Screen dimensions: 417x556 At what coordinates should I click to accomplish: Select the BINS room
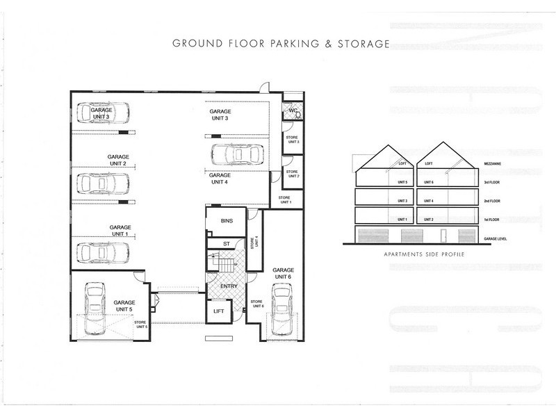coord(227,220)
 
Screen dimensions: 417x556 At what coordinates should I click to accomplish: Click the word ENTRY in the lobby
coord(229,286)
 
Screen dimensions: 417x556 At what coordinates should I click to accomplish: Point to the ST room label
coord(227,243)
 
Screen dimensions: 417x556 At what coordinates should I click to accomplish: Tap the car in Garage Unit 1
coord(104,251)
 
